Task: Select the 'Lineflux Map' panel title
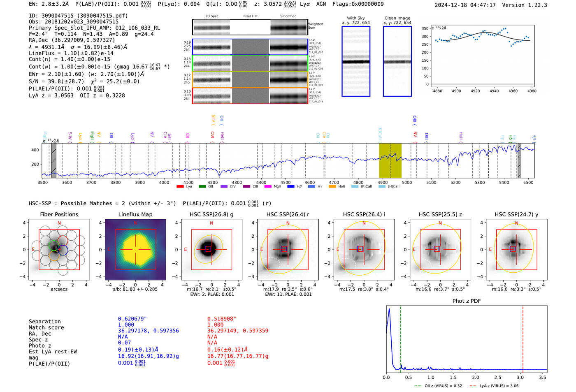[135, 214]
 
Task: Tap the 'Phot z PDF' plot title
[467, 301]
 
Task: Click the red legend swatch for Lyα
[180, 187]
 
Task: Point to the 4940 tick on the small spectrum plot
[494, 91]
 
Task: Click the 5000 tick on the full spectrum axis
[407, 182]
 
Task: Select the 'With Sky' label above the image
[355, 18]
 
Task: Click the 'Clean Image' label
[397, 18]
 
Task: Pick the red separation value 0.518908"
[222, 319]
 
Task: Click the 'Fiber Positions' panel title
[59, 214]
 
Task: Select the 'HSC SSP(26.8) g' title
[211, 214]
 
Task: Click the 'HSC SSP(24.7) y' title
[516, 214]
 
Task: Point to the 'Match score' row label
[46, 328]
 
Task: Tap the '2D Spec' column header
[212, 16]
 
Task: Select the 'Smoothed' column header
[288, 16]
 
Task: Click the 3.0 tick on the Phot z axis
[520, 377]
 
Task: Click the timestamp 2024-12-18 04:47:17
[465, 5]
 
